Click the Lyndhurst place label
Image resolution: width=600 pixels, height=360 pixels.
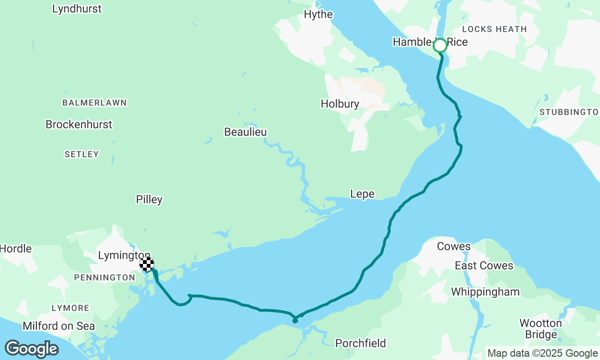tap(77, 9)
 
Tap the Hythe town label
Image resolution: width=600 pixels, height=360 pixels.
tap(318, 15)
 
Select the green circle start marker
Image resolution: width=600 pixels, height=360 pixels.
tap(440, 45)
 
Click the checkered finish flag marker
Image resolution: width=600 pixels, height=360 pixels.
tap(147, 264)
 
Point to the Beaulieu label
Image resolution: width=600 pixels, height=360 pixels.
tap(245, 132)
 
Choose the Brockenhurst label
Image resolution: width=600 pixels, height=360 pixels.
tap(79, 125)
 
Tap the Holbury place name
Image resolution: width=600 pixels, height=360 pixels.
tap(340, 104)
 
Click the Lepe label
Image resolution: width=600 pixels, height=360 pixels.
tap(362, 194)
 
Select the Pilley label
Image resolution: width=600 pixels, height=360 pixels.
tap(149, 200)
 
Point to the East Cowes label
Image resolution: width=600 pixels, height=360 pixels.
tap(484, 266)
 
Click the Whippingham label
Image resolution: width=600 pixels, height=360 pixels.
tap(485, 292)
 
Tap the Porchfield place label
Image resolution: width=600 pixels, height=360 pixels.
tap(360, 344)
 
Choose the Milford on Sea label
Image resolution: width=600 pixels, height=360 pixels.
tap(59, 326)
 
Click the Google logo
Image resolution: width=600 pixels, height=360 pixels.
tap(31, 349)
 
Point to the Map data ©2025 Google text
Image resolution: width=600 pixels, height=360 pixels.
tap(542, 353)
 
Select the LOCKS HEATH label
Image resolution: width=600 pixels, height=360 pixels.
tap(494, 29)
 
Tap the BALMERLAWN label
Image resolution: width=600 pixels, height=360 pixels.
tap(94, 103)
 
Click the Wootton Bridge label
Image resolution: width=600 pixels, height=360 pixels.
tap(540, 329)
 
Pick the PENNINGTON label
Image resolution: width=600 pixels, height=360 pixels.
tap(105, 278)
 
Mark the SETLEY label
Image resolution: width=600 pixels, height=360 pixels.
tap(82, 154)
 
